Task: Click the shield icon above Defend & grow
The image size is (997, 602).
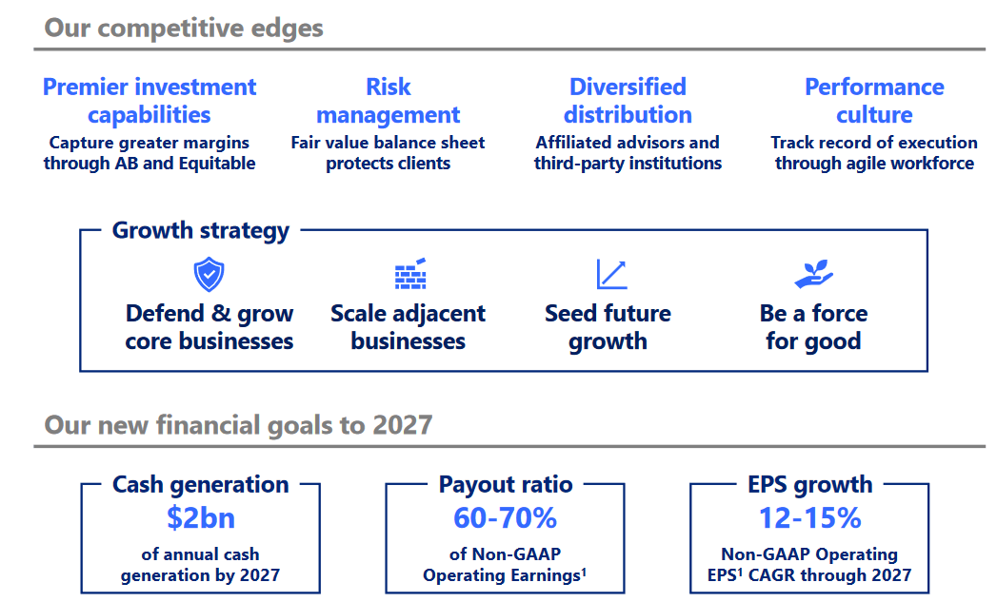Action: pos(209,276)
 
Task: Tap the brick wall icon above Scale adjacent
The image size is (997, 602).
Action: pos(409,274)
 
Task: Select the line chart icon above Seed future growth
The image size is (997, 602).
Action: pos(610,274)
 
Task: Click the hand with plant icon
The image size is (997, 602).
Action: pos(813,274)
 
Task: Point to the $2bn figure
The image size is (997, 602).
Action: pos(200,518)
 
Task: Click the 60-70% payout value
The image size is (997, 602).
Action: pos(505,518)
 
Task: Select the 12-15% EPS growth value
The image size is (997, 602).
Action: pos(809,518)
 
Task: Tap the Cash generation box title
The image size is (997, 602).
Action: pos(200,484)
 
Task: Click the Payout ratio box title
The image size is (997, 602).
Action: pos(505,484)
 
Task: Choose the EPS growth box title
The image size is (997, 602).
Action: pos(809,484)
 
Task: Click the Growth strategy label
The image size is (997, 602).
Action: pos(200,230)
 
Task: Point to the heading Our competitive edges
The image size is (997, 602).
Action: pos(184,28)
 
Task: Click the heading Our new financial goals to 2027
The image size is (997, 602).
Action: pos(238,424)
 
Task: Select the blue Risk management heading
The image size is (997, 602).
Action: pos(388,101)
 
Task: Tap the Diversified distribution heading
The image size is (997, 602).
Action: pos(628,101)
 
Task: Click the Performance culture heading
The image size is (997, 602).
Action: pos(874,101)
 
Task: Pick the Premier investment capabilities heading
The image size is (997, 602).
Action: pos(150,101)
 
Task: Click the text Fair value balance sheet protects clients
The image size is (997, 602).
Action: pos(388,153)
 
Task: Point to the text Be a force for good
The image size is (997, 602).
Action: pos(813,327)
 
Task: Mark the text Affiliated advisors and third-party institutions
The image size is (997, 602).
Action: pos(628,153)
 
